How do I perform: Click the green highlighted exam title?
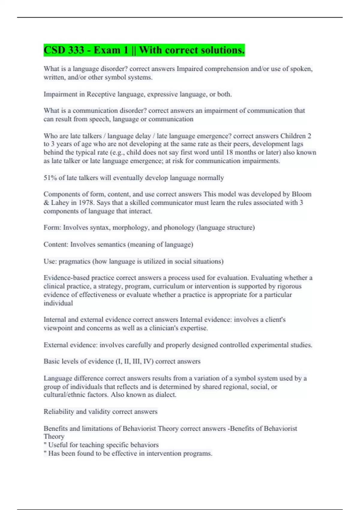pos(144,50)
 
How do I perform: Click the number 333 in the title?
pos(76,50)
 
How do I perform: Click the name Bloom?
pos(301,194)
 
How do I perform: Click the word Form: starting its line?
pos(52,228)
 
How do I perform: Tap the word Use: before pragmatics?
pos(50,261)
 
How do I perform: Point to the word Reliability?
pos(58,412)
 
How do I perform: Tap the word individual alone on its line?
pos(58,303)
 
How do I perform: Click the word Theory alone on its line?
pos(54,436)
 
